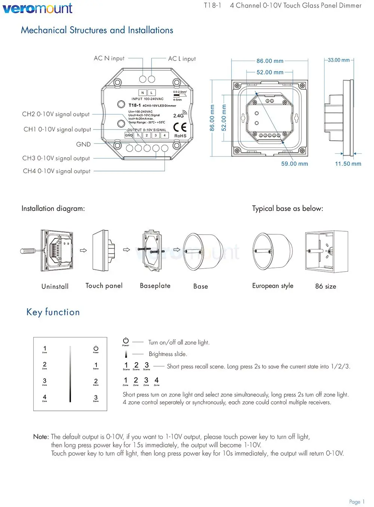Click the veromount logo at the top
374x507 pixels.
37,8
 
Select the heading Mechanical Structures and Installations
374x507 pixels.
97,30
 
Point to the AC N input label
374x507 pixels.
109,58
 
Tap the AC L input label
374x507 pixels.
182,59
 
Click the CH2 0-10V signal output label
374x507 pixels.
56,114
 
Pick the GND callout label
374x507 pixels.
83,144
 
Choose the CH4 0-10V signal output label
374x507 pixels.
56,171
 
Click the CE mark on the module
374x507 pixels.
180,127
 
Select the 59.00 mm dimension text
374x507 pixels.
295,164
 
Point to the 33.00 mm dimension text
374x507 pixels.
339,60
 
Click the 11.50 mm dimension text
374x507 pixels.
348,164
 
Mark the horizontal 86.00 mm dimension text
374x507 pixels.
270,61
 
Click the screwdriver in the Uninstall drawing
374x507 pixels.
30,250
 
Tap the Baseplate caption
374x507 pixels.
155,286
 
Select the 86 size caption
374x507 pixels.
325,287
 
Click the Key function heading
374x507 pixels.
53,312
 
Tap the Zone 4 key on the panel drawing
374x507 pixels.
45,398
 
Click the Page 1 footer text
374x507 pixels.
356,502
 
